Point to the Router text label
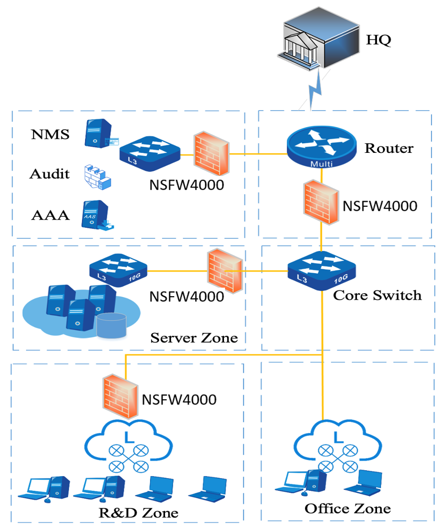point(389,148)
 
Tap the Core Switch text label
point(377,295)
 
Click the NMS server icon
point(97,134)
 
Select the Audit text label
point(49,174)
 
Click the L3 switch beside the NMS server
point(150,149)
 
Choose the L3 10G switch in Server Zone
point(118,272)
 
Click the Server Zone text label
point(194,337)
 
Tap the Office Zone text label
point(347,508)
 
